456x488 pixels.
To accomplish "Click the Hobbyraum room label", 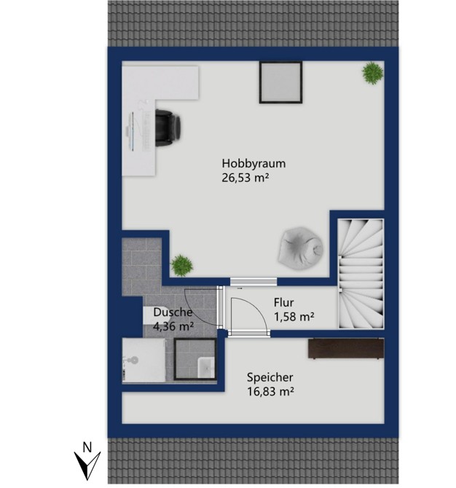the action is [253, 164].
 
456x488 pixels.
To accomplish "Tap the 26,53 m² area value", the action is [245, 178].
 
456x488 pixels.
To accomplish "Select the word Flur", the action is [284, 302].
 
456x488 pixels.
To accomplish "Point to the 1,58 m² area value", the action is [294, 317].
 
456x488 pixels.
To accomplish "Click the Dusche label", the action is [173, 312].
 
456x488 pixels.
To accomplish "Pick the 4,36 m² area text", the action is [173, 326].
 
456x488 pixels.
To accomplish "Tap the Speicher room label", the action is [270, 377].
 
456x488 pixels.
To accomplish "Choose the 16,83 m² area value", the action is [270, 391].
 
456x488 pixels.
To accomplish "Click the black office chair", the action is [168, 127].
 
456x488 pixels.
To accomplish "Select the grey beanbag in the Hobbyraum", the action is [301, 246].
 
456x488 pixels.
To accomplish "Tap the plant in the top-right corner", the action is [372, 73].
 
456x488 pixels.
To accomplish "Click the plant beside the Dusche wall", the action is [181, 265].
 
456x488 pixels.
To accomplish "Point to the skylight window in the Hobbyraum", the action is [280, 82].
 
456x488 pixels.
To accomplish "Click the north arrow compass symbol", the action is [87, 465].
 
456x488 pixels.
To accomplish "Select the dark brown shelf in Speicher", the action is [346, 349].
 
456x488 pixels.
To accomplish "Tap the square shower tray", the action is [194, 360].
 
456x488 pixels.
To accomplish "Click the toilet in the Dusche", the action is [131, 360].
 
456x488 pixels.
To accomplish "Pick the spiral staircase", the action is [361, 274].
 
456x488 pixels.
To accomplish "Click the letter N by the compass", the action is [87, 448].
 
